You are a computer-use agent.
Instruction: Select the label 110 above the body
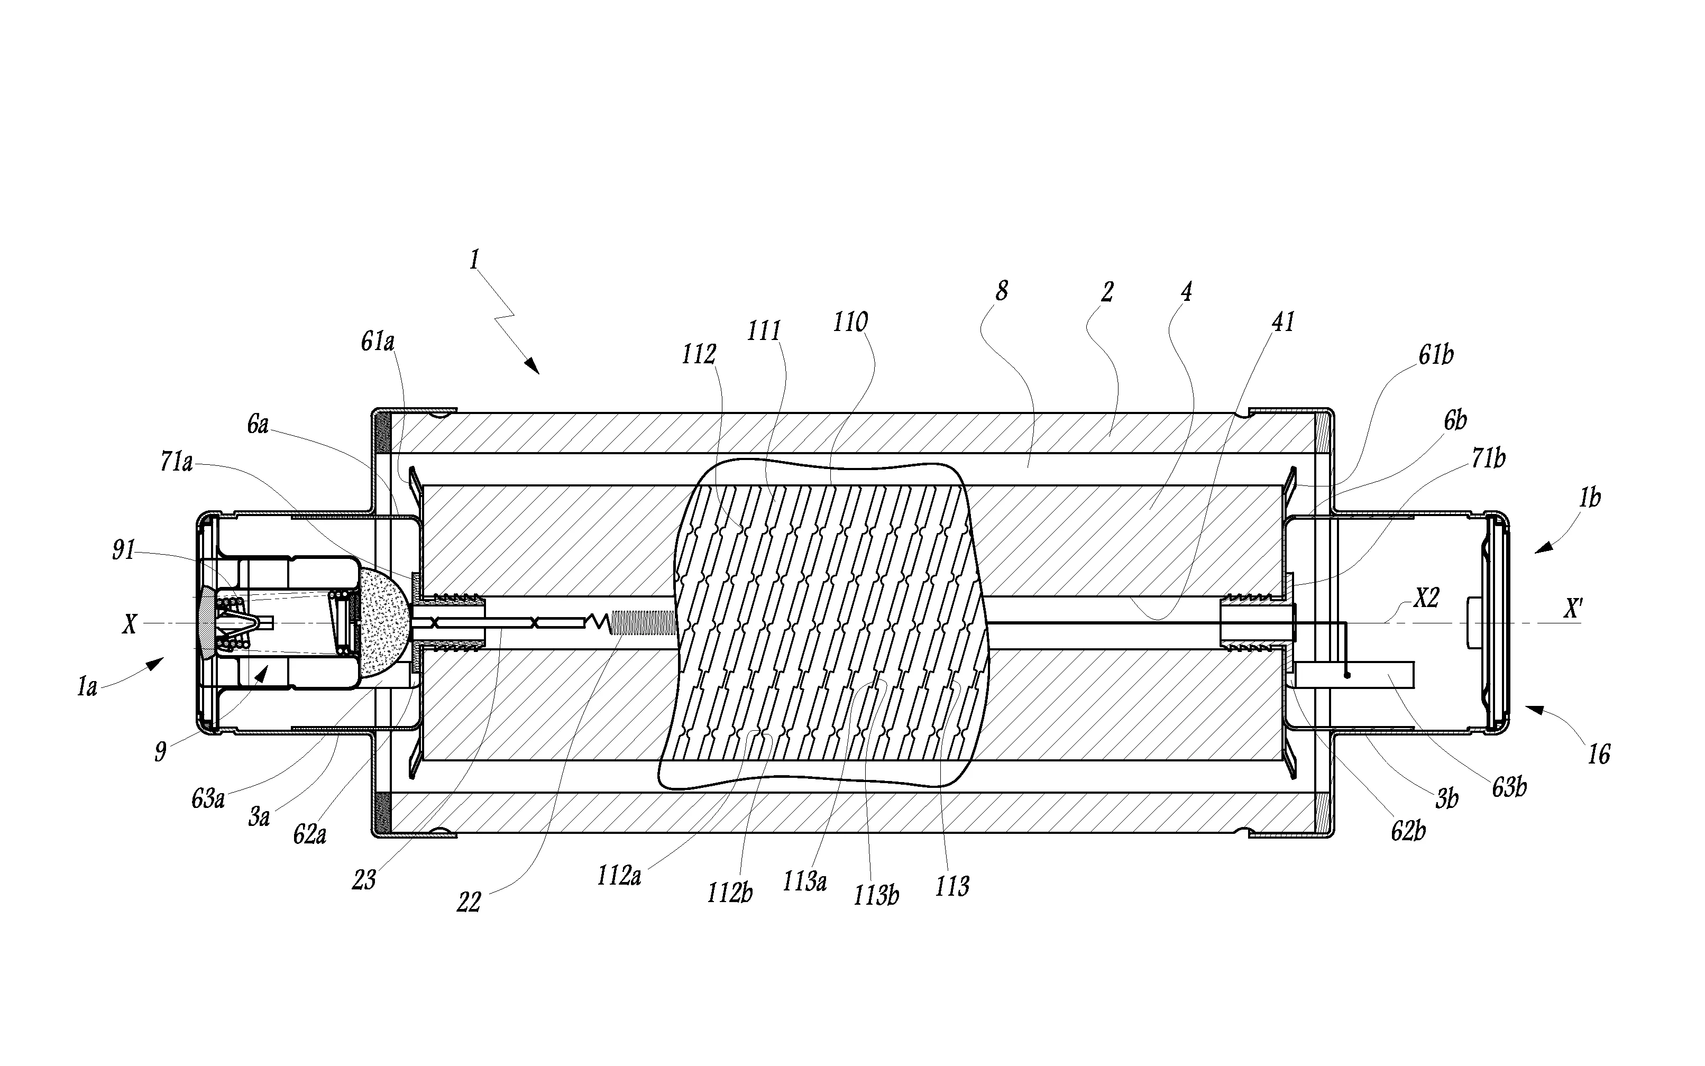tap(850, 323)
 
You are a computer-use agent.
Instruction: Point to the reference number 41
tap(1282, 322)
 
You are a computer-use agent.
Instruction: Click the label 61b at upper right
tap(1436, 355)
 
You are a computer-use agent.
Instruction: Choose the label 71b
tap(1488, 459)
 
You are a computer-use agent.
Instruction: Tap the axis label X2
tap(1425, 599)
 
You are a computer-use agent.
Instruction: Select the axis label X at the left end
tap(129, 624)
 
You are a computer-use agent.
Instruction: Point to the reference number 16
tap(1599, 755)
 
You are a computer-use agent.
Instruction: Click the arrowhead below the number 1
tap(533, 366)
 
